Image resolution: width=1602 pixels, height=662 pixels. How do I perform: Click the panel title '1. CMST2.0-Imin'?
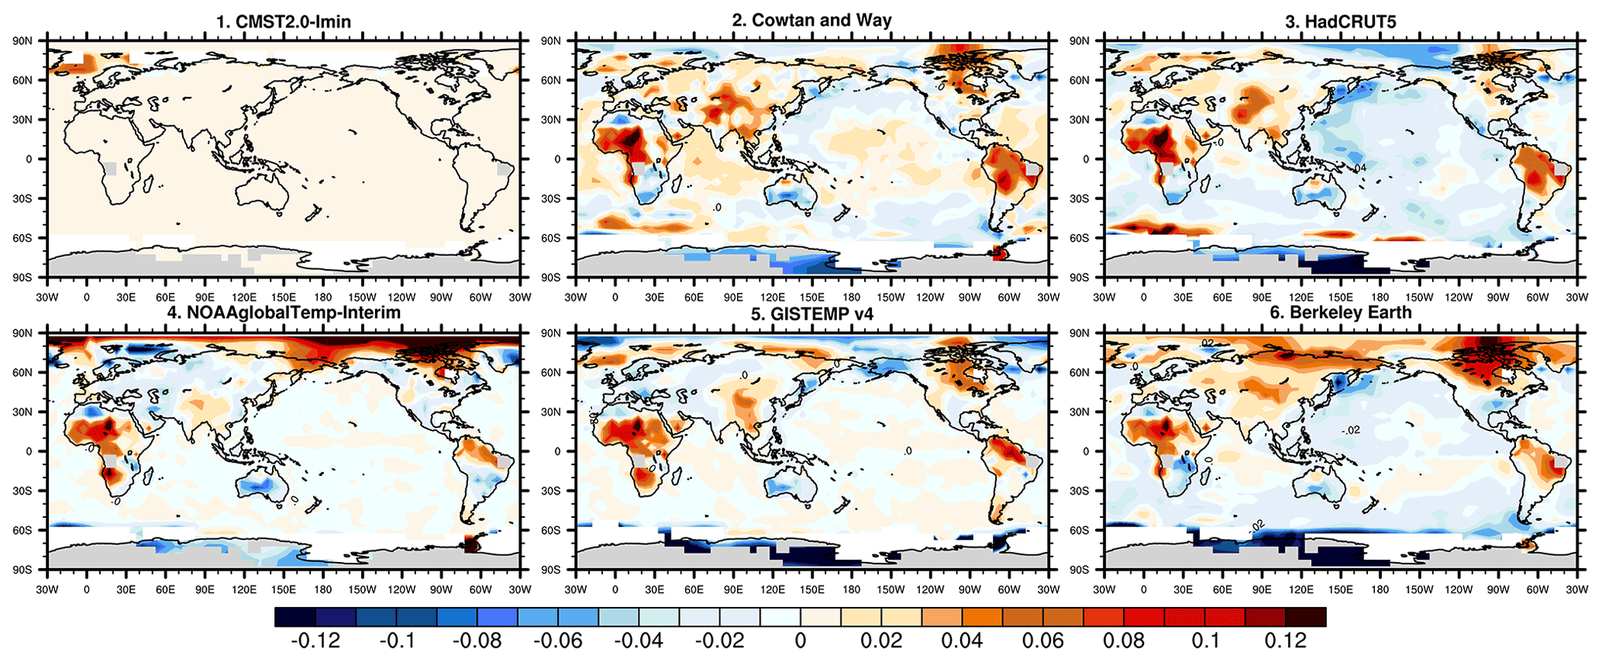click(x=283, y=22)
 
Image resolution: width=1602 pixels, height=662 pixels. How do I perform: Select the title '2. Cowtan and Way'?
click(x=811, y=20)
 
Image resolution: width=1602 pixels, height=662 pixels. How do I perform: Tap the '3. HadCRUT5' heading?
click(x=1340, y=22)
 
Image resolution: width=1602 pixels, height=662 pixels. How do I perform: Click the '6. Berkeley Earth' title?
click(x=1340, y=312)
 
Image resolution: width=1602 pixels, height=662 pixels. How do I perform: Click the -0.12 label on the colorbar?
click(x=315, y=641)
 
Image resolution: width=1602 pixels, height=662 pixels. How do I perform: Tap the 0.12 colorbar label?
click(x=1286, y=641)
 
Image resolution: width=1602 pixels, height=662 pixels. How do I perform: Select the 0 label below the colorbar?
click(x=801, y=641)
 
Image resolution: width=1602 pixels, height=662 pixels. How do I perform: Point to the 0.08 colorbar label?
click(x=1124, y=641)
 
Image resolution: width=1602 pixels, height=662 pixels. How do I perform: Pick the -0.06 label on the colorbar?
click(x=558, y=641)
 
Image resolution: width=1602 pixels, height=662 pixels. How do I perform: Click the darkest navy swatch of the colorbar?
click(x=295, y=617)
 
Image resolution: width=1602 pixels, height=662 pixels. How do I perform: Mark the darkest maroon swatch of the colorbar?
click(x=1306, y=617)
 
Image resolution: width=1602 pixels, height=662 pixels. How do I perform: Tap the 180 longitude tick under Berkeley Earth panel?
click(x=1380, y=590)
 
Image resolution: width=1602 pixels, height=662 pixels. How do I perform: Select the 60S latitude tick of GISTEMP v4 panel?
click(x=550, y=530)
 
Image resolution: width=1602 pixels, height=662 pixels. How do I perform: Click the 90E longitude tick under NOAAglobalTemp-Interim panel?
click(x=205, y=590)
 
